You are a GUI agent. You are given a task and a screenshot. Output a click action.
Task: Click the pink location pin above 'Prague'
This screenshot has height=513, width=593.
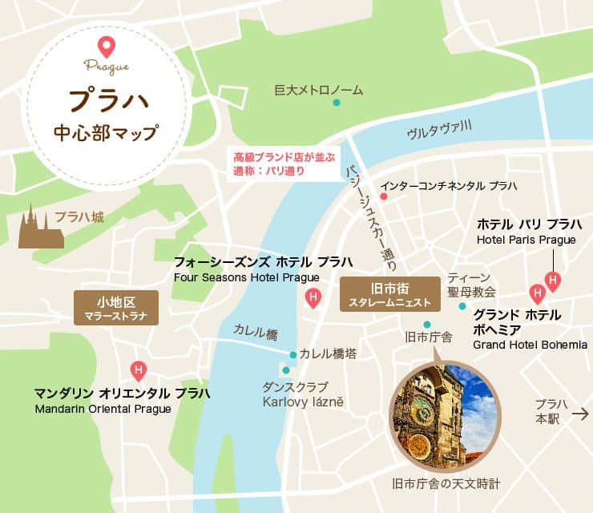point(105,46)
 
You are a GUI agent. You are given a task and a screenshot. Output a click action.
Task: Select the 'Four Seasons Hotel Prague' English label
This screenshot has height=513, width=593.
point(246,278)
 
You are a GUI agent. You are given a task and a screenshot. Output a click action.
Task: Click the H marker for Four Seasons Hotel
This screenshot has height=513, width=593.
point(313,299)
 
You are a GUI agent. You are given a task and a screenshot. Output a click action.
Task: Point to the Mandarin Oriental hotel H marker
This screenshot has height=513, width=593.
point(139,370)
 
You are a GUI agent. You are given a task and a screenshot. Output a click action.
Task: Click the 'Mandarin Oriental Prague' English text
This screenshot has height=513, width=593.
point(103,409)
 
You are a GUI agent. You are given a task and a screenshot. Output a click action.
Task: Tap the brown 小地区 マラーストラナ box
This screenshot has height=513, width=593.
point(116,308)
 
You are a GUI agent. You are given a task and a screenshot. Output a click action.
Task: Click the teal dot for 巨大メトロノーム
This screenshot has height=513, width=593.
point(337,103)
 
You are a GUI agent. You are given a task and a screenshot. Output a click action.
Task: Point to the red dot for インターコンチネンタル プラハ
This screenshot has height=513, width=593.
point(384,196)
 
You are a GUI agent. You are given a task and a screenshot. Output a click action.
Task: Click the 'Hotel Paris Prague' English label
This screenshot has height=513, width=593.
point(526,240)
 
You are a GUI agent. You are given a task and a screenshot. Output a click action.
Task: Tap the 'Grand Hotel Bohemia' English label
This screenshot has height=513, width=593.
point(530,345)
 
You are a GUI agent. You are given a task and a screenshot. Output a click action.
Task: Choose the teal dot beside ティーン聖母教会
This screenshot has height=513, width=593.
point(462,305)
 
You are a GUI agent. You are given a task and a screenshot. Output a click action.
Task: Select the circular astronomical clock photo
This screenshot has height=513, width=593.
point(444,415)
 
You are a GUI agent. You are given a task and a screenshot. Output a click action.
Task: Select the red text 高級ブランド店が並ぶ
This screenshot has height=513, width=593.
point(282,156)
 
